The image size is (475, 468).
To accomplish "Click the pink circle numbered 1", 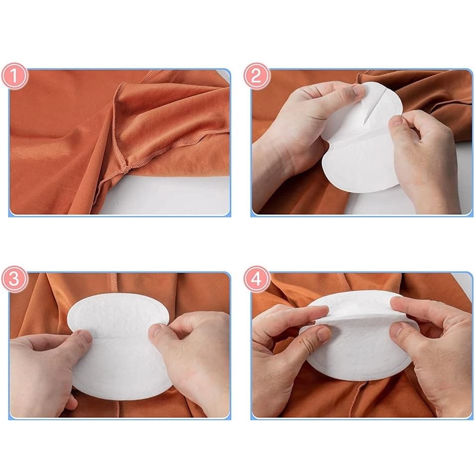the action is pyautogui.click(x=14, y=76).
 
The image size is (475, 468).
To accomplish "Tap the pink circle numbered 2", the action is pyautogui.click(x=256, y=76).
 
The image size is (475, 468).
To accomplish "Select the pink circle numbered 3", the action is pyautogui.click(x=14, y=279).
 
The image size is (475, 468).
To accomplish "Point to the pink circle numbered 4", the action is pyautogui.click(x=256, y=279).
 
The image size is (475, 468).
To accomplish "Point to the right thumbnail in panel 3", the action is pyautogui.click(x=157, y=332).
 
